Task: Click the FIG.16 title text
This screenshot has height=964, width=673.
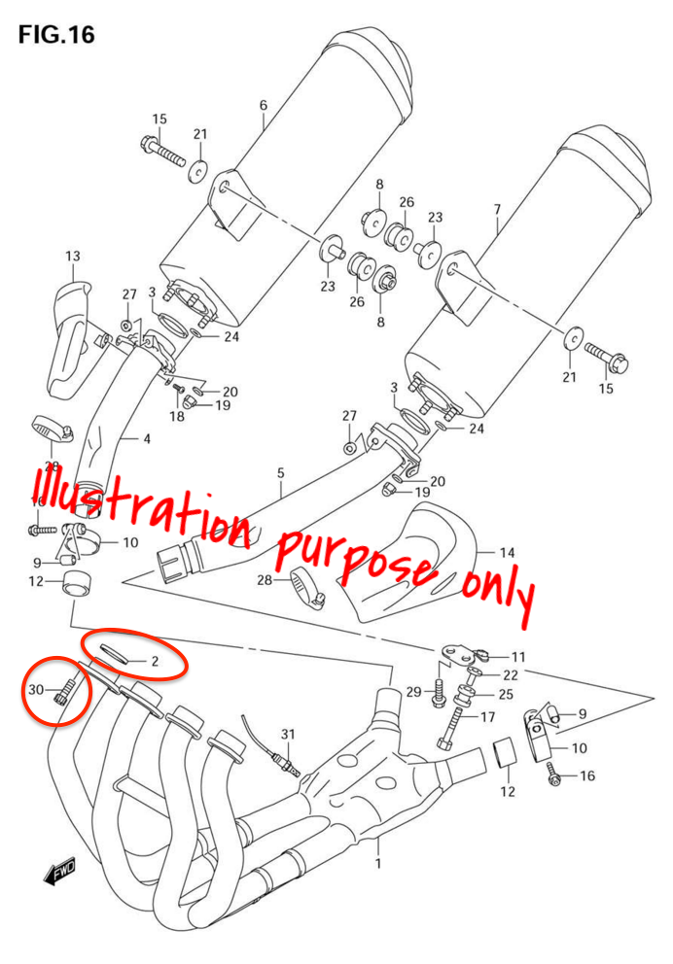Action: [56, 34]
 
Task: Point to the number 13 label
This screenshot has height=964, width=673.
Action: [73, 256]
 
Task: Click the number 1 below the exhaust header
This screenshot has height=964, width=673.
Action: [378, 862]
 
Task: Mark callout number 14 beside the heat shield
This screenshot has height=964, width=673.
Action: [507, 553]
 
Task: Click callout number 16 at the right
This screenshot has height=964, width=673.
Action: [587, 775]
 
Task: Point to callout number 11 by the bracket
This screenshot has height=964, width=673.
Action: [517, 657]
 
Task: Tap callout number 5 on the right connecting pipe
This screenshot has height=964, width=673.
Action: [280, 473]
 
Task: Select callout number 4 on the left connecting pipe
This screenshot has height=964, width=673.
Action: [147, 439]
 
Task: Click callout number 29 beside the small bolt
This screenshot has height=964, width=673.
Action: [412, 692]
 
